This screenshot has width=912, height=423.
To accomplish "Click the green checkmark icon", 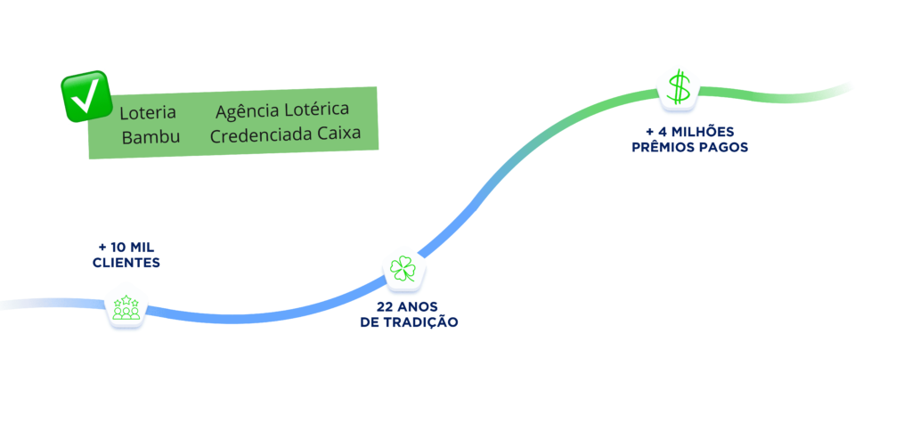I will coord(85,97).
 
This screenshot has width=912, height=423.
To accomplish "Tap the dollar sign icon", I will coord(680,87).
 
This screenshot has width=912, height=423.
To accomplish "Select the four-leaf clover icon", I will coord(403,269).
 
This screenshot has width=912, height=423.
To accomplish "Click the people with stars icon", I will coord(126,308).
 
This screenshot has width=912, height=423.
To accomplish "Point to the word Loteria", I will coord(148,113).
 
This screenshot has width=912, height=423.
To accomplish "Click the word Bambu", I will coord(151,137).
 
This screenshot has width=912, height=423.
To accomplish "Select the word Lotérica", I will coord(317,109).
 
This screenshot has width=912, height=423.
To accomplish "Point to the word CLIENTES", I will coord(126,263).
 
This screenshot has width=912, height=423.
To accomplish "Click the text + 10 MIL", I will coord(126,248).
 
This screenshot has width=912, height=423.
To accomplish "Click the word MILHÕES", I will coord(700,132).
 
